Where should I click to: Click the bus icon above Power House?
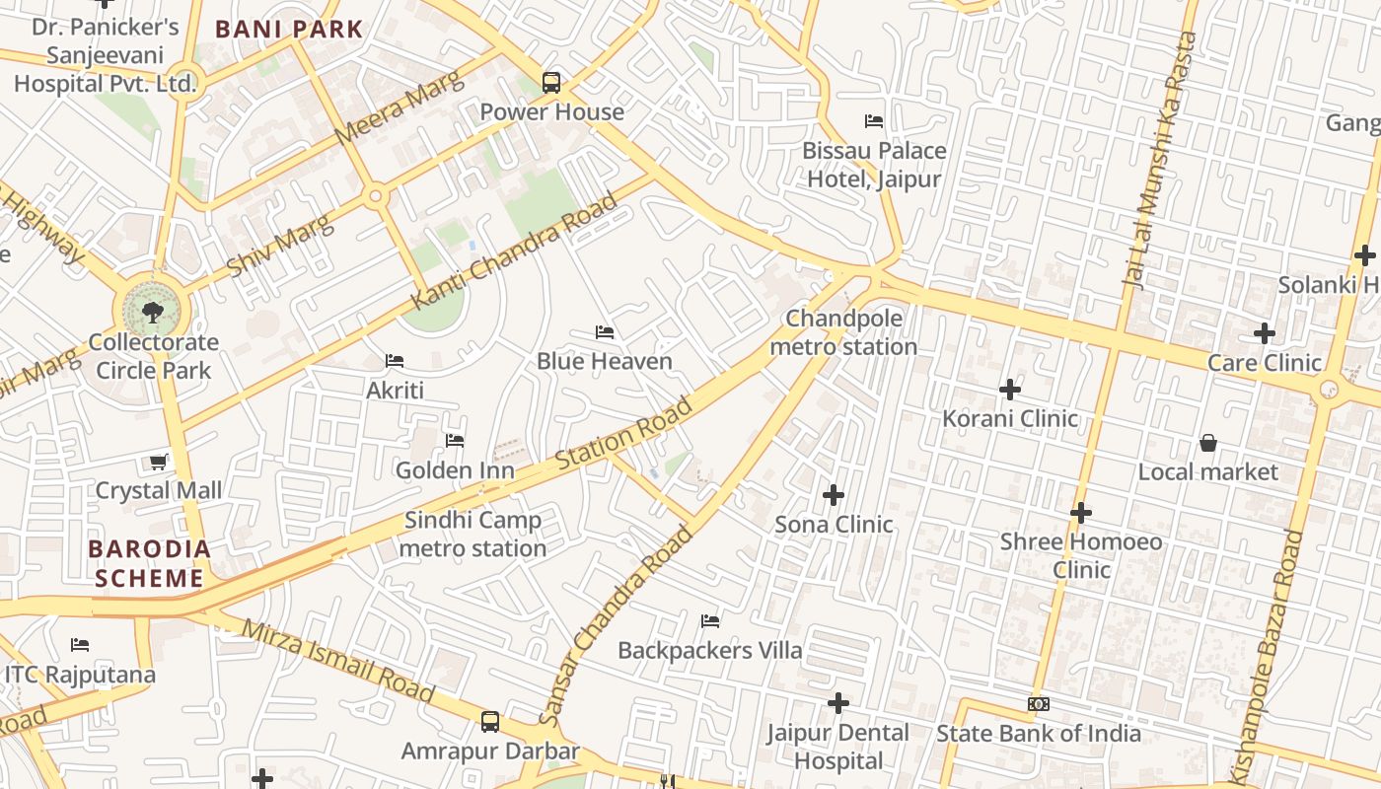pyautogui.click(x=551, y=83)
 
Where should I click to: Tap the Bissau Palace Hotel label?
pyautogui.click(x=874, y=165)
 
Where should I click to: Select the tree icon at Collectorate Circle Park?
pyautogui.click(x=152, y=314)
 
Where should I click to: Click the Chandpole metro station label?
pyautogui.click(x=843, y=332)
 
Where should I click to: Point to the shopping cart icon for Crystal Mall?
pyautogui.click(x=158, y=462)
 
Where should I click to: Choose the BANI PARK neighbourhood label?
pyautogui.click(x=289, y=29)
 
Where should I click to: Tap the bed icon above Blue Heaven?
pyautogui.click(x=605, y=332)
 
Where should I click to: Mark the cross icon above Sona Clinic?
pyautogui.click(x=834, y=494)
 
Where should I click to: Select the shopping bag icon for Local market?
pyautogui.click(x=1207, y=444)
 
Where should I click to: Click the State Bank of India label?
pyautogui.click(x=1038, y=733)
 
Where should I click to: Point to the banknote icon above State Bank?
pyautogui.click(x=1038, y=704)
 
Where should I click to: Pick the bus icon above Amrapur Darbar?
pyautogui.click(x=490, y=722)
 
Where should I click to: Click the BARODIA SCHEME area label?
pyautogui.click(x=149, y=563)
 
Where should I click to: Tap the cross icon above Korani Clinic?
pyautogui.click(x=1010, y=390)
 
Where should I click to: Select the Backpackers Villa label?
pyautogui.click(x=709, y=650)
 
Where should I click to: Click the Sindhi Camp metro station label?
pyautogui.click(x=473, y=534)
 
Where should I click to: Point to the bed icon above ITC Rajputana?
pyautogui.click(x=80, y=645)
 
